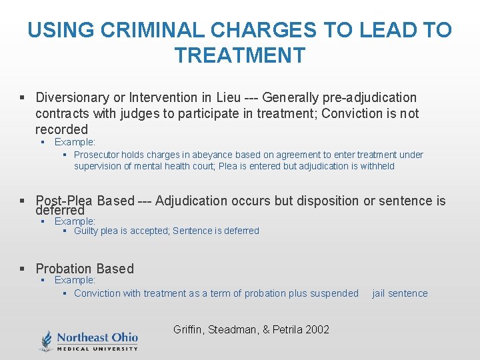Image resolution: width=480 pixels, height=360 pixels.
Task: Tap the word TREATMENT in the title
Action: pos(240,55)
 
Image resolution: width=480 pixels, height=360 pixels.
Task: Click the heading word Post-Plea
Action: pos(65,201)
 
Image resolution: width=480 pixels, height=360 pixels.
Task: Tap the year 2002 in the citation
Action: pos(317,329)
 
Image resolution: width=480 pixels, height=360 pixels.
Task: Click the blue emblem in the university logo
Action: pos(47,340)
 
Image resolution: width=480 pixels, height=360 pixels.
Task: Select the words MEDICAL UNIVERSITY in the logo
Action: pos(97,348)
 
